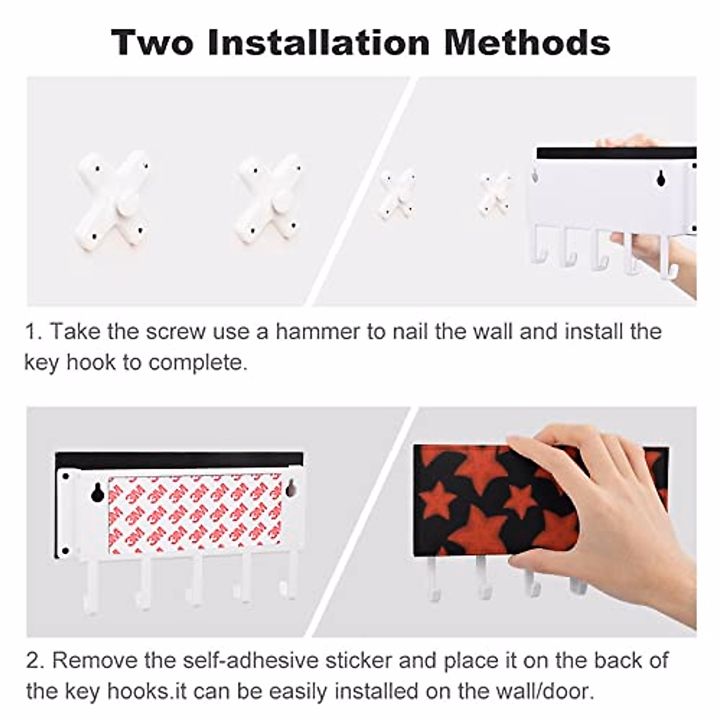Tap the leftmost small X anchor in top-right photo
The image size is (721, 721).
(x=397, y=193)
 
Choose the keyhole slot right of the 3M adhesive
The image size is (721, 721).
(x=291, y=488)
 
